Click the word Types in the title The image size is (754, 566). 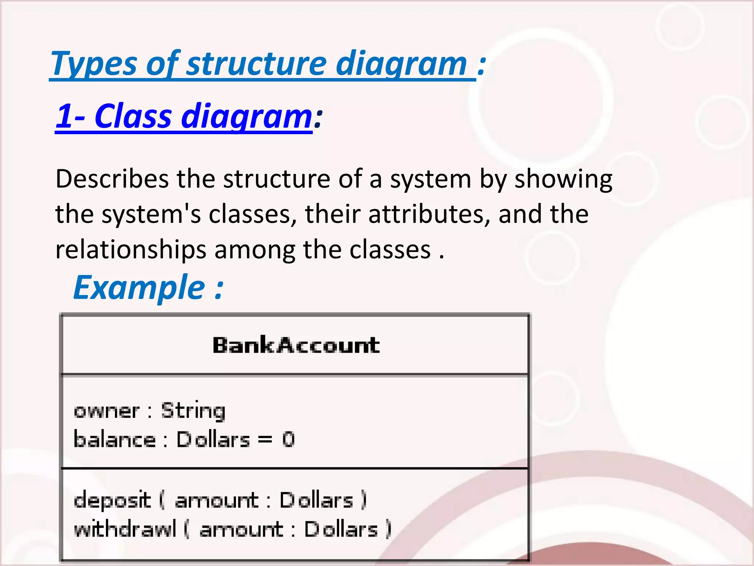(x=94, y=64)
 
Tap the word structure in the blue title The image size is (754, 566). (x=256, y=63)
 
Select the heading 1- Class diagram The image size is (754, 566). (x=184, y=116)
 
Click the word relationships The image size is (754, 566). (x=131, y=250)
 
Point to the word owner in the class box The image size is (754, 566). (x=107, y=410)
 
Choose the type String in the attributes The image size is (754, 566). (x=193, y=410)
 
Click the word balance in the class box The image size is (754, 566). (x=114, y=440)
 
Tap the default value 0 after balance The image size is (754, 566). (x=288, y=440)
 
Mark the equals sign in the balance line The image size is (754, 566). (x=265, y=440)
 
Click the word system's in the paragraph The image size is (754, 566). (x=151, y=214)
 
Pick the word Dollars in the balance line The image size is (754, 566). (x=213, y=440)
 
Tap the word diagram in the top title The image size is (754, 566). (x=401, y=64)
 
